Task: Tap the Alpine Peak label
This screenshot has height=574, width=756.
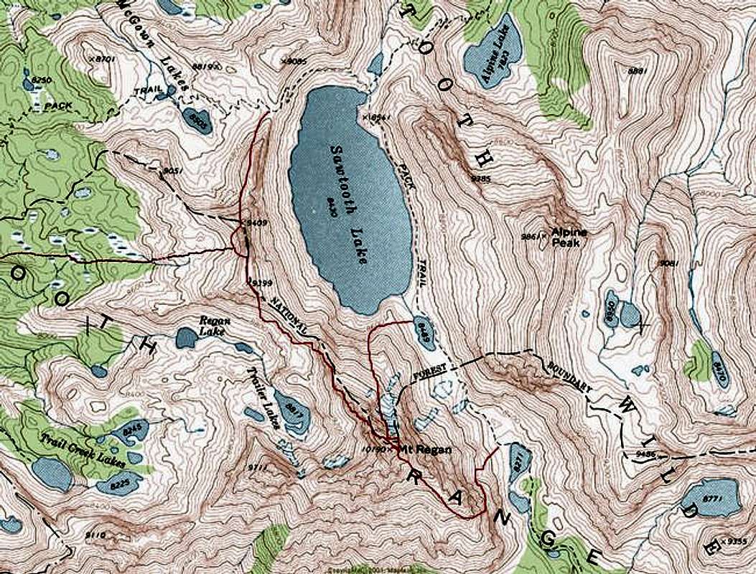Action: coord(569,237)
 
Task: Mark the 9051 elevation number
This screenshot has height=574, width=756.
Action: coord(170,171)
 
